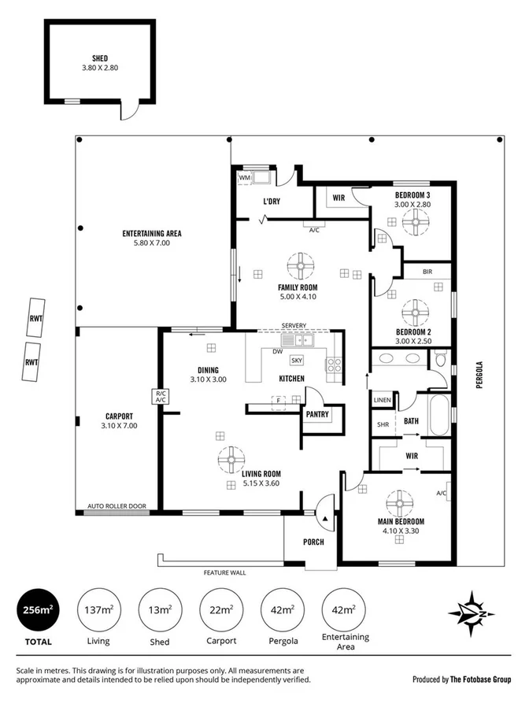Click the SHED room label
point(99,57)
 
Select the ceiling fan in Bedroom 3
point(413,223)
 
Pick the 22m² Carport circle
point(220,609)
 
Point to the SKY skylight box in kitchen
point(297,361)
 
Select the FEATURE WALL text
point(224,572)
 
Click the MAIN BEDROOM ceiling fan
point(401,502)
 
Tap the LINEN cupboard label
point(383,400)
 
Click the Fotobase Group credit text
point(462,679)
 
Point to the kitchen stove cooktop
point(334,365)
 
